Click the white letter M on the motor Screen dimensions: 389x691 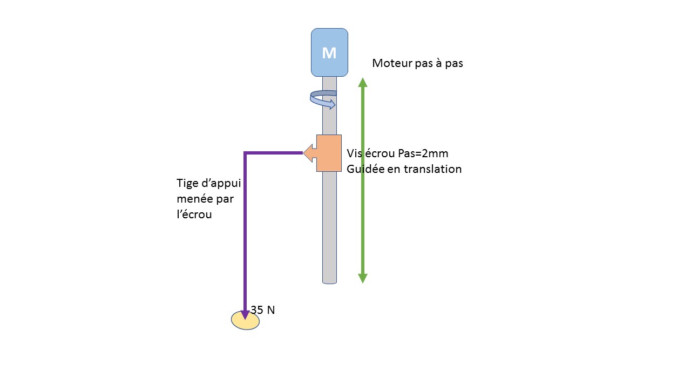[x=329, y=53]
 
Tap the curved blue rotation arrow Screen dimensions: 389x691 [x=323, y=100]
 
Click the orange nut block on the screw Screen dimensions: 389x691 [x=329, y=153]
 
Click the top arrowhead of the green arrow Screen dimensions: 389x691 [x=363, y=82]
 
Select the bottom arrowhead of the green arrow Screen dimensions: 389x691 [x=363, y=278]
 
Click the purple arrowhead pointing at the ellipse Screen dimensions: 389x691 [x=245, y=313]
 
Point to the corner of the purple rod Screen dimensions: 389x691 [x=246, y=153]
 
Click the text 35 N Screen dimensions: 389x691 [x=263, y=310]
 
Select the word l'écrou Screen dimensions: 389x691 [x=194, y=214]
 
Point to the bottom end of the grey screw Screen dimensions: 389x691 [x=329, y=281]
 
